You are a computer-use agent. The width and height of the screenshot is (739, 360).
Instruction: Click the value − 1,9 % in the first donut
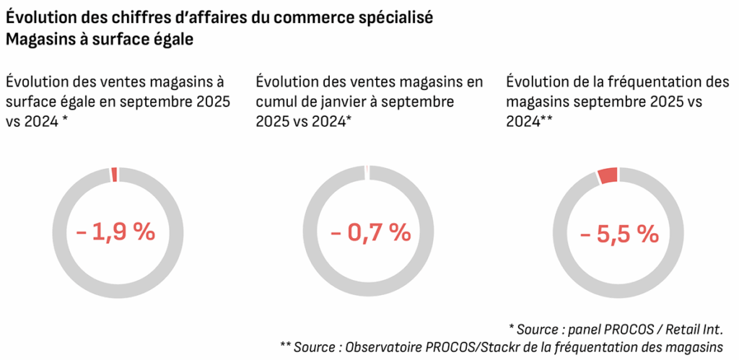click(115, 232)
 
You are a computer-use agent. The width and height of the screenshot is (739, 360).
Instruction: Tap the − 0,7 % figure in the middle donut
click(370, 232)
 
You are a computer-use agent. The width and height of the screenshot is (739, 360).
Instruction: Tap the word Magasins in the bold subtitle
click(38, 40)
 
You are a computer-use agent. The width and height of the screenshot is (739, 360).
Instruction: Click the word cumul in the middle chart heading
click(277, 102)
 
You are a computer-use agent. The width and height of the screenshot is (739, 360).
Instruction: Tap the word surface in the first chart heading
click(32, 102)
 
